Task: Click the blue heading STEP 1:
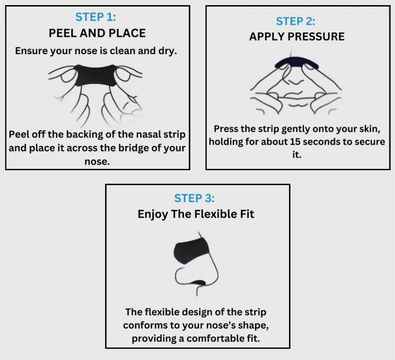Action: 96,17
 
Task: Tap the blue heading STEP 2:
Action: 296,21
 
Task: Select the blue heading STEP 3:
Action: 195,198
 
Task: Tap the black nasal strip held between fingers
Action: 96,76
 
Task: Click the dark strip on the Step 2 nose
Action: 296,62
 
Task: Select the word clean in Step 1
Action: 122,51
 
